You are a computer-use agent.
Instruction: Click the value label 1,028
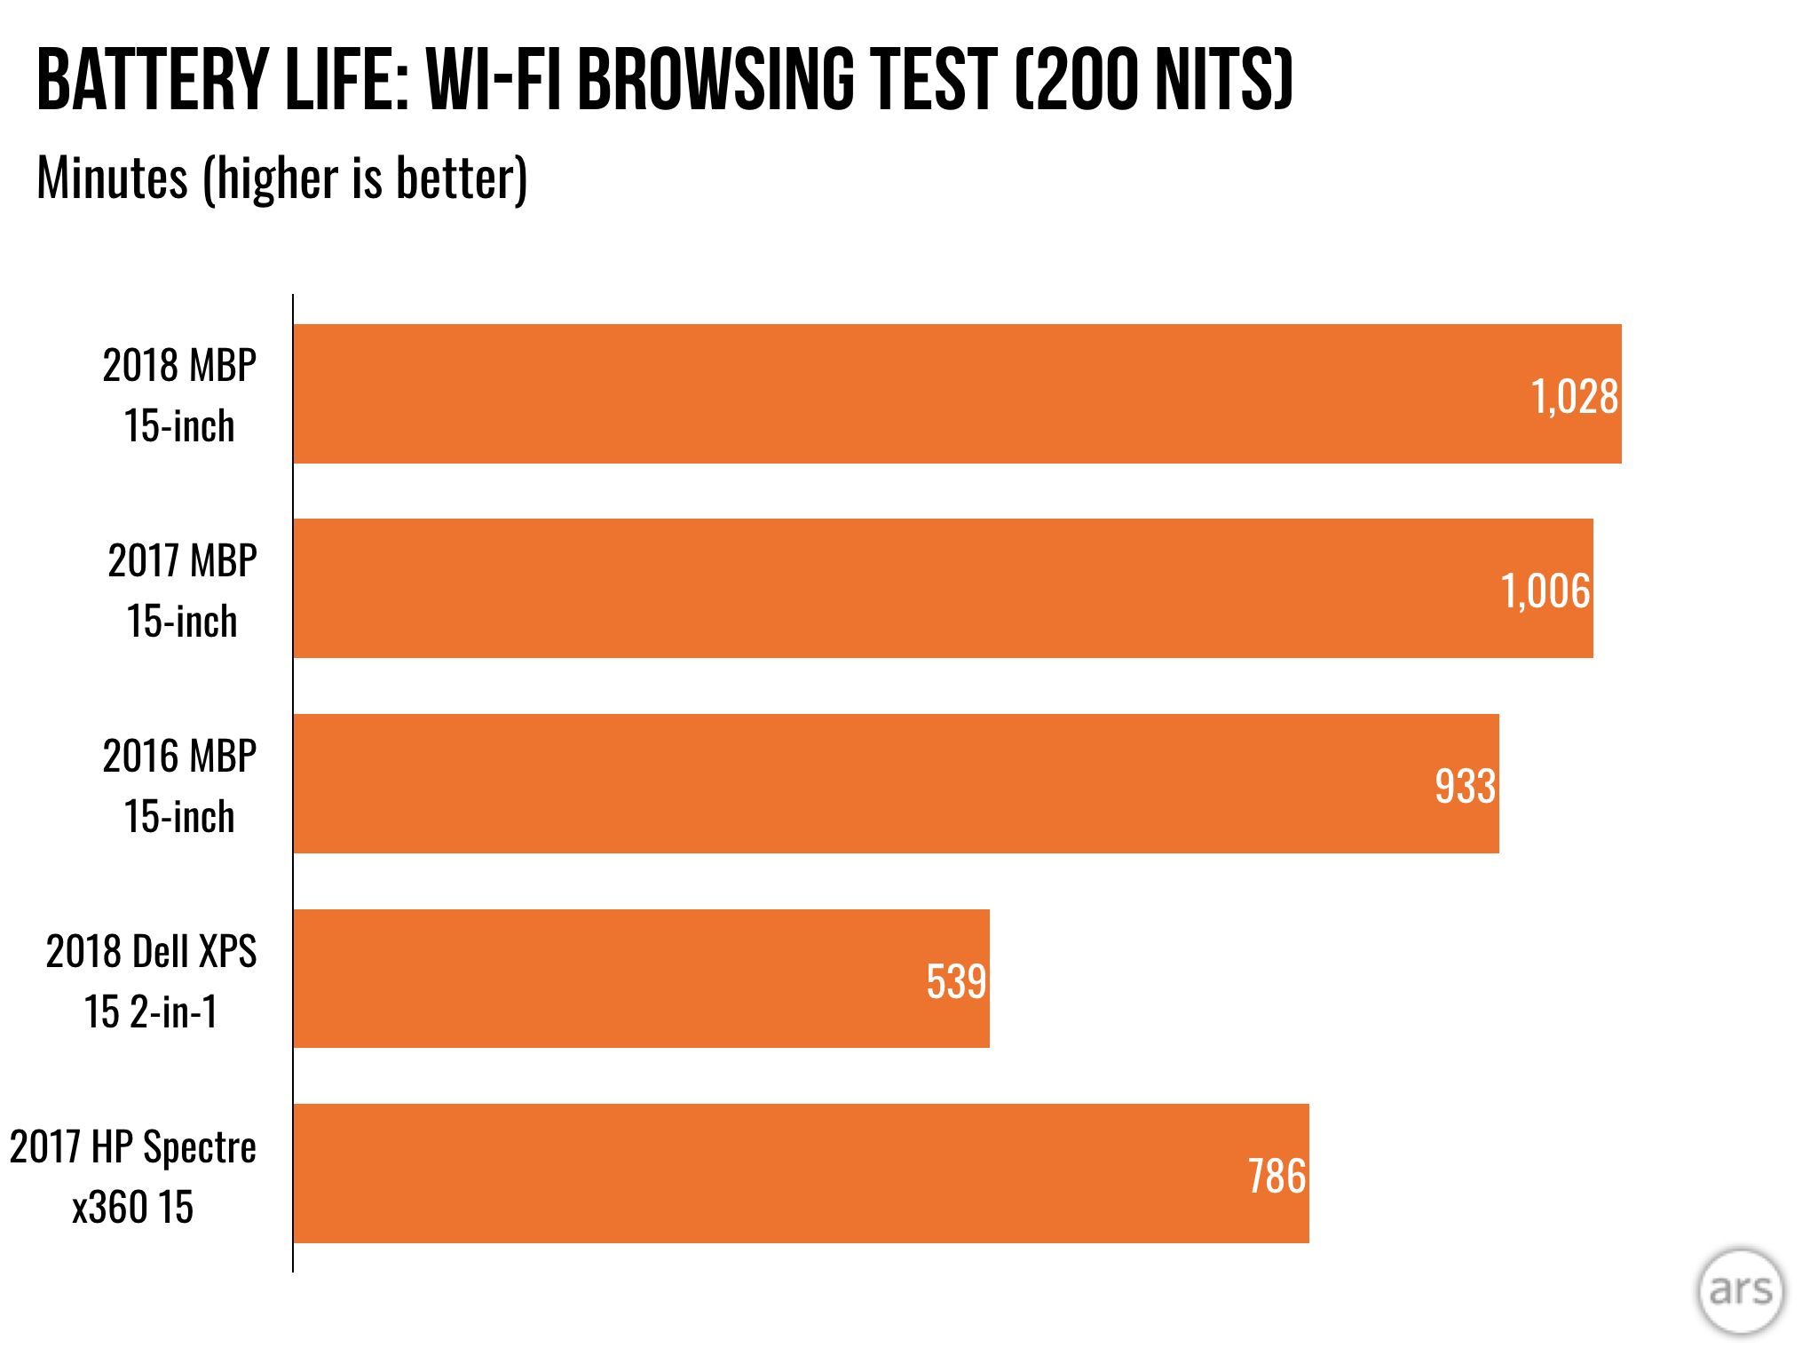coord(1575,396)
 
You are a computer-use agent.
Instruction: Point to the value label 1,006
coord(1545,591)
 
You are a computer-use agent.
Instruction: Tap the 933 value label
coord(1466,786)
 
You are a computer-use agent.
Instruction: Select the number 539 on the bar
coord(956,981)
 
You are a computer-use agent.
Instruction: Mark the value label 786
coord(1277,1177)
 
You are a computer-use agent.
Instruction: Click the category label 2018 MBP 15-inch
coord(179,395)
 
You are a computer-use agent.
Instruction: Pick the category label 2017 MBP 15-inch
coord(182,591)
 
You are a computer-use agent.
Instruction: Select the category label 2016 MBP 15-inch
coord(179,786)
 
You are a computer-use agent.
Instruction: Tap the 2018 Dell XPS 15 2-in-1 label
coord(151,981)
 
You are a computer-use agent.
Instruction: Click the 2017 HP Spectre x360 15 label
coord(133,1177)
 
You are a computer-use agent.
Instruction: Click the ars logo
coord(1740,1290)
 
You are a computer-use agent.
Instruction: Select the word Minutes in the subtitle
coord(112,178)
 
